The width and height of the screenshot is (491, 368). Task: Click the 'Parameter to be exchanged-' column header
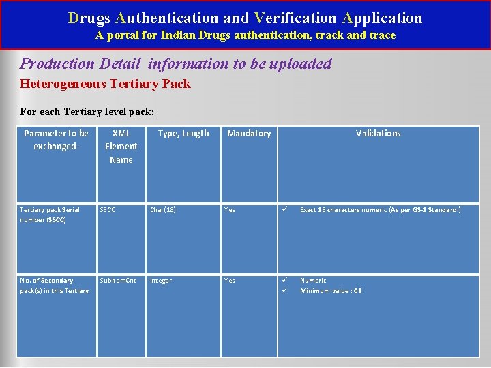(56, 140)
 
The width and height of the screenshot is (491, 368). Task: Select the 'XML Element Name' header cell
(121, 147)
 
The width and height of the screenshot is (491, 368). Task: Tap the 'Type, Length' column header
(183, 134)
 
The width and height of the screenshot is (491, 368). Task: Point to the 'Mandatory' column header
(249, 134)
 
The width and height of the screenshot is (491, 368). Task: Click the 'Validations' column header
(378, 134)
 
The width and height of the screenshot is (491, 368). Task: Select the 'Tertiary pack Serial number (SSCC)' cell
(50, 215)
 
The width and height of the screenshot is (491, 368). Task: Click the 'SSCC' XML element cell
(108, 210)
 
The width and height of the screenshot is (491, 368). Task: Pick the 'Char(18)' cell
(163, 210)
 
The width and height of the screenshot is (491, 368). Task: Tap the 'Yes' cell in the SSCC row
(230, 210)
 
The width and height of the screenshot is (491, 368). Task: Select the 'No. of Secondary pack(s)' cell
(54, 286)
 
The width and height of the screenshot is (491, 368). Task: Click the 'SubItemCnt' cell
(118, 281)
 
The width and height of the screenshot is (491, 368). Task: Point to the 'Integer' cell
(161, 281)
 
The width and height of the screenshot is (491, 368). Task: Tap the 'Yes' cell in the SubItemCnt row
(230, 281)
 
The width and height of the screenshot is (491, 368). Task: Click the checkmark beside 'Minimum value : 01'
(286, 291)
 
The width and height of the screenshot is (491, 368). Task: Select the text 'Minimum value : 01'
(331, 291)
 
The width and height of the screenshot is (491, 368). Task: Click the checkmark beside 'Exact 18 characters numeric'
(286, 210)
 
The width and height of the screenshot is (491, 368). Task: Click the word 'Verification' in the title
(295, 18)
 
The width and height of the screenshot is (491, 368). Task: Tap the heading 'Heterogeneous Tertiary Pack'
(106, 84)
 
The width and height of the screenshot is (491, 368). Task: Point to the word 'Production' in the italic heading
(57, 64)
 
